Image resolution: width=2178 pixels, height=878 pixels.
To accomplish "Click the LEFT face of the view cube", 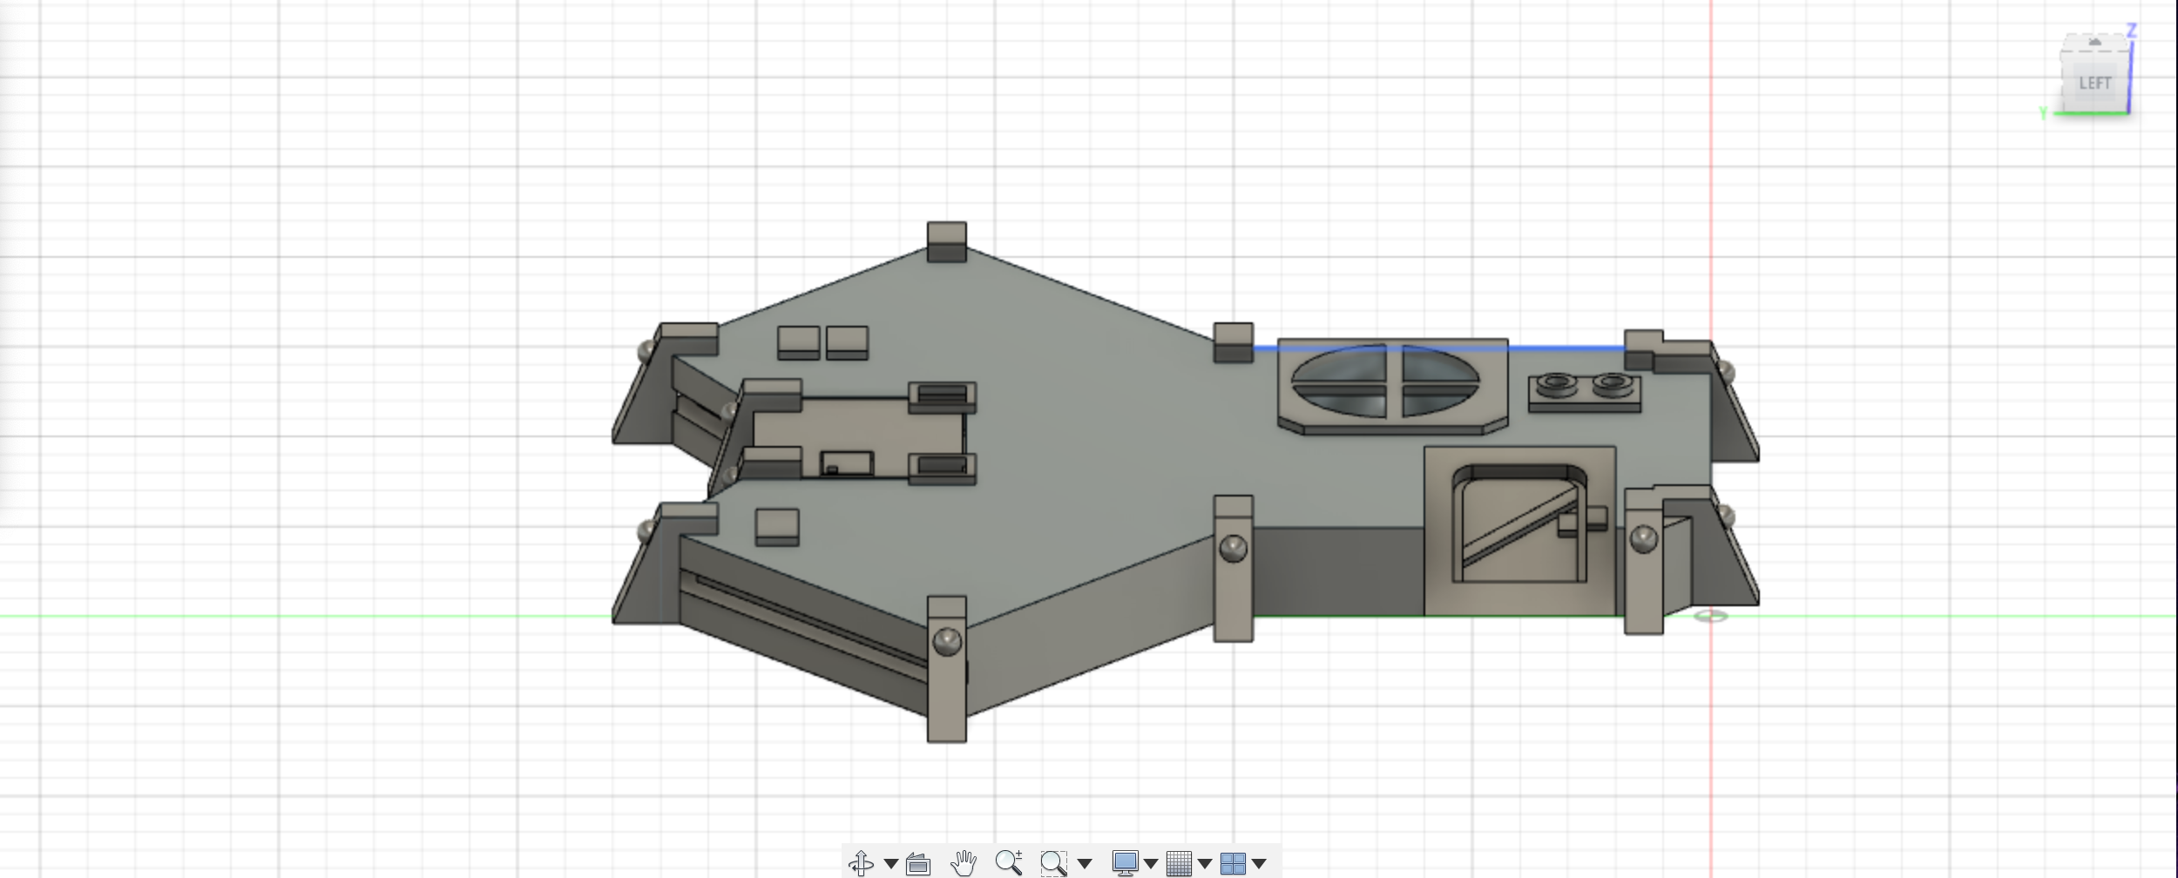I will [x=2094, y=83].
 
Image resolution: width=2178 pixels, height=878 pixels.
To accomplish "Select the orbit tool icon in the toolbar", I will [x=861, y=863].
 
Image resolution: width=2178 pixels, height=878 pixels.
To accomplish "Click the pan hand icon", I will [x=963, y=863].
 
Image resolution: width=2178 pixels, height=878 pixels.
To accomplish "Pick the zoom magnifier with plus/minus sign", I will [x=1008, y=862].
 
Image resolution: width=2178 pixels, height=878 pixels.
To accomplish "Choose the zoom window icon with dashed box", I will [x=1053, y=863].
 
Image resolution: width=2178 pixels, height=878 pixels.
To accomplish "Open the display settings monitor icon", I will [x=1125, y=863].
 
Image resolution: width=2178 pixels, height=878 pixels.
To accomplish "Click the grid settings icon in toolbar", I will [x=1178, y=863].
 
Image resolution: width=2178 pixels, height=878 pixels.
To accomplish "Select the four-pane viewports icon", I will [x=1232, y=863].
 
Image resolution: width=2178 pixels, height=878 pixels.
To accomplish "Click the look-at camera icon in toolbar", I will [x=917, y=864].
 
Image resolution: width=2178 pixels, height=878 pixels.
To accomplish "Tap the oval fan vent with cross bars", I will [x=1384, y=381].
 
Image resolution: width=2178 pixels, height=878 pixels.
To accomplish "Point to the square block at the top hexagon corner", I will [x=946, y=241].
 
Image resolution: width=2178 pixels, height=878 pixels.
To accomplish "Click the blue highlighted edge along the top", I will [x=1437, y=348].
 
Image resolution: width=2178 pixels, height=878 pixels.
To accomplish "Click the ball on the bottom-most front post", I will [x=946, y=642].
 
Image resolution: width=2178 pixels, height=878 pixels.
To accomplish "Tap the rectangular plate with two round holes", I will [x=1585, y=394].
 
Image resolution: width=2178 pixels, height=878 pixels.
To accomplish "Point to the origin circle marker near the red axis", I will [x=1711, y=616].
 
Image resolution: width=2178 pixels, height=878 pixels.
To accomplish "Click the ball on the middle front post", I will [x=1233, y=548].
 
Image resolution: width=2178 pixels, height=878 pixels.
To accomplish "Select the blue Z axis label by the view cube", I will [x=2131, y=30].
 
